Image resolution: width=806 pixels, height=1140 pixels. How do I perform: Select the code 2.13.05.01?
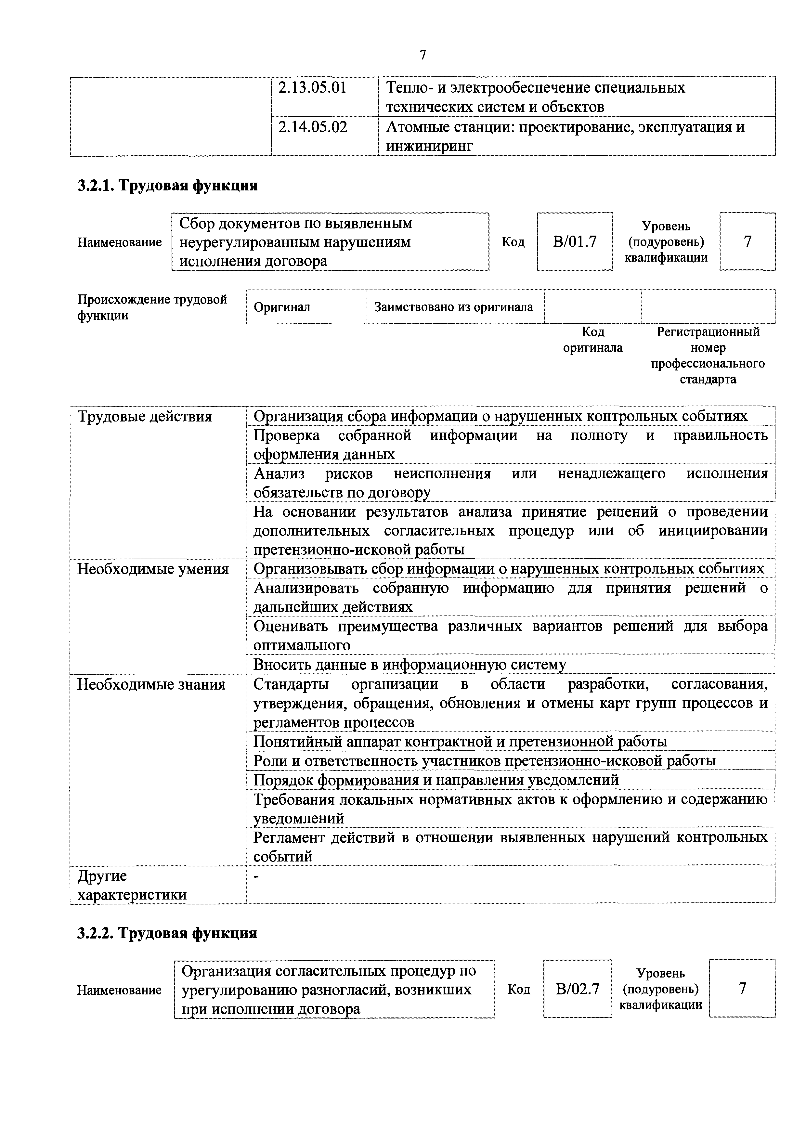pyautogui.click(x=312, y=88)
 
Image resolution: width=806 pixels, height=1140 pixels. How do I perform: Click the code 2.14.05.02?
pyautogui.click(x=312, y=128)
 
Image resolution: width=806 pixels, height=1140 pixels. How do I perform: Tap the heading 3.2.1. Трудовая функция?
pyautogui.click(x=167, y=186)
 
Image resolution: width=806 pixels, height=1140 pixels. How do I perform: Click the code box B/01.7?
pyautogui.click(x=575, y=242)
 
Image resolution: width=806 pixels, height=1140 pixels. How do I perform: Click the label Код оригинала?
pyautogui.click(x=592, y=340)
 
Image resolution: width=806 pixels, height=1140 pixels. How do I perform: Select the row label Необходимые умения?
pyautogui.click(x=153, y=569)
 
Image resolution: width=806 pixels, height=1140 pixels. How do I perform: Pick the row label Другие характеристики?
pyautogui.click(x=132, y=885)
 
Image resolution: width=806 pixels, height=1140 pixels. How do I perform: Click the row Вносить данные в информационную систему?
pyautogui.click(x=410, y=664)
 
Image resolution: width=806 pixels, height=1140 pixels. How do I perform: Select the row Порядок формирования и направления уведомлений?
pyautogui.click(x=436, y=780)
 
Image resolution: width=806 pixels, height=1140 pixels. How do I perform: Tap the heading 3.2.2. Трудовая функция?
pyautogui.click(x=167, y=933)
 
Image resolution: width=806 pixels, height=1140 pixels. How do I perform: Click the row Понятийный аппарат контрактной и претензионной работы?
pyautogui.click(x=460, y=741)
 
